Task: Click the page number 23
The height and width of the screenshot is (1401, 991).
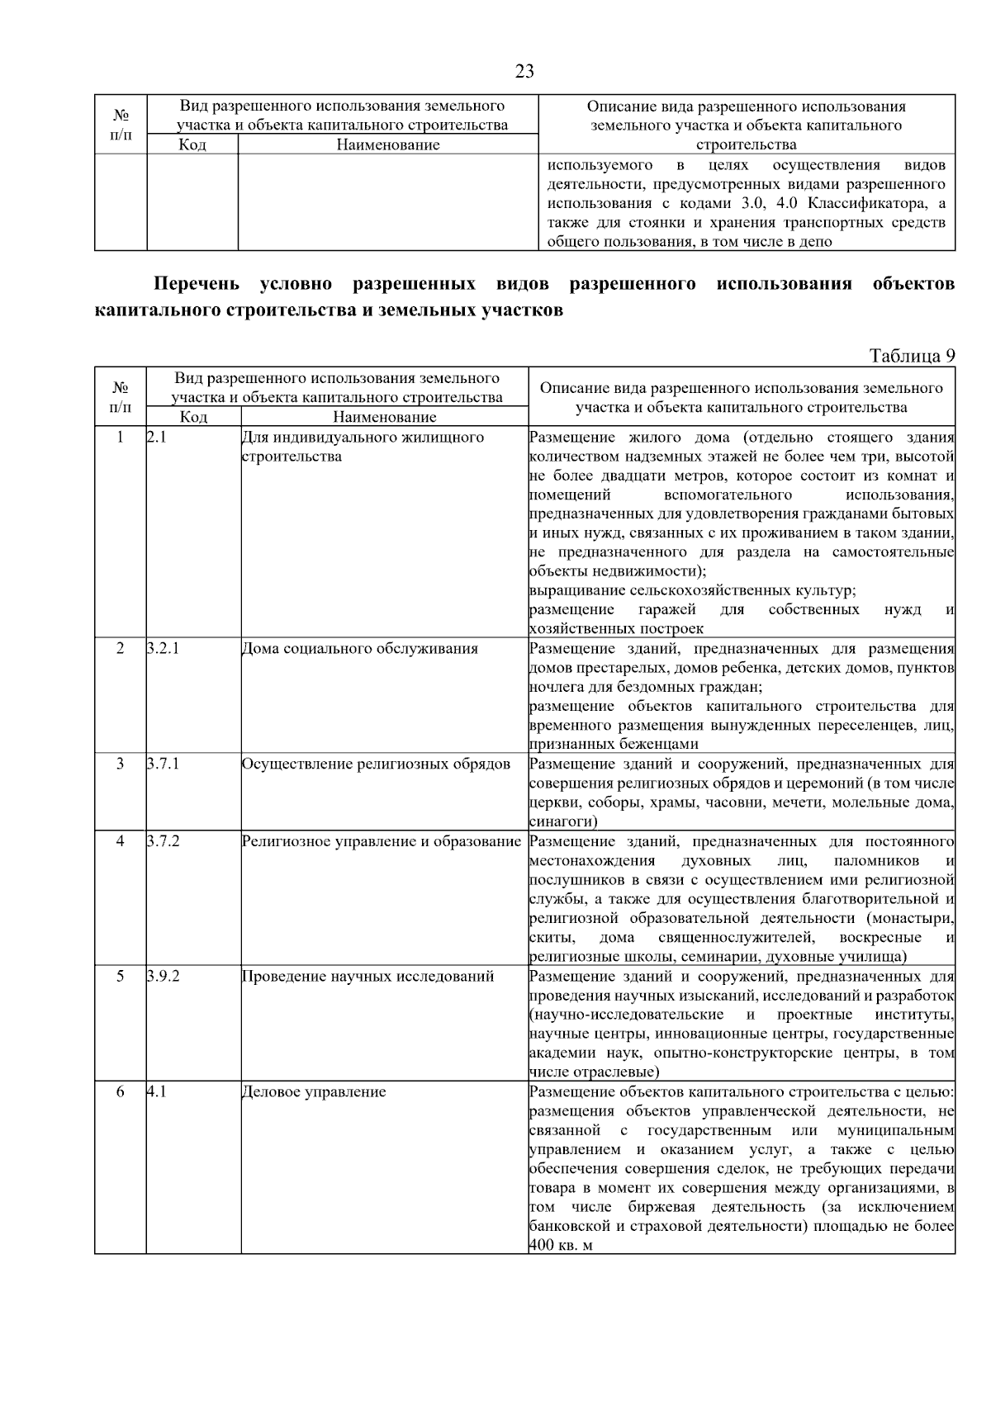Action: (524, 72)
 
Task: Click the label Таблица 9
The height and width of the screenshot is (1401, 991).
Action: (912, 356)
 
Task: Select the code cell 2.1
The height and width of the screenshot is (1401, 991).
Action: (157, 438)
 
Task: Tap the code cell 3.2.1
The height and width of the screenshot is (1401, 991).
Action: (164, 649)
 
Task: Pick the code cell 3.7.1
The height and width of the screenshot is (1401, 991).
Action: (164, 764)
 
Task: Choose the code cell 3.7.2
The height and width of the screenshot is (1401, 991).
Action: (164, 841)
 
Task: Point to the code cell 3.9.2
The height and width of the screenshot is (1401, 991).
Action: (164, 977)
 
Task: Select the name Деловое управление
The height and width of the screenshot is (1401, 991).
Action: (314, 1092)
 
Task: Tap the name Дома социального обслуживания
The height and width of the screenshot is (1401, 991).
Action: (360, 649)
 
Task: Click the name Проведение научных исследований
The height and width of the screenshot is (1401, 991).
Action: (368, 977)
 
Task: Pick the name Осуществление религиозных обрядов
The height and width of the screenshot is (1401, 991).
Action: (376, 764)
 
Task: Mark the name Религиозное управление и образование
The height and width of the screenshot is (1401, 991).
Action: (382, 841)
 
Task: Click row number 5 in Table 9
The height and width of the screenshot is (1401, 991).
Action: (121, 977)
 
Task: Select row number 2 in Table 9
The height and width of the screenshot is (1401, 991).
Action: (121, 649)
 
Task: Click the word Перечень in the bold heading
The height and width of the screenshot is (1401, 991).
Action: (197, 285)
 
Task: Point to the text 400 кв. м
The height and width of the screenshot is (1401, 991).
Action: (562, 1245)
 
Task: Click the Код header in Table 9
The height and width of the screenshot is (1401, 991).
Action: (193, 417)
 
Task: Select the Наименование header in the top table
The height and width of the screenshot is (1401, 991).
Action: (388, 145)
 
